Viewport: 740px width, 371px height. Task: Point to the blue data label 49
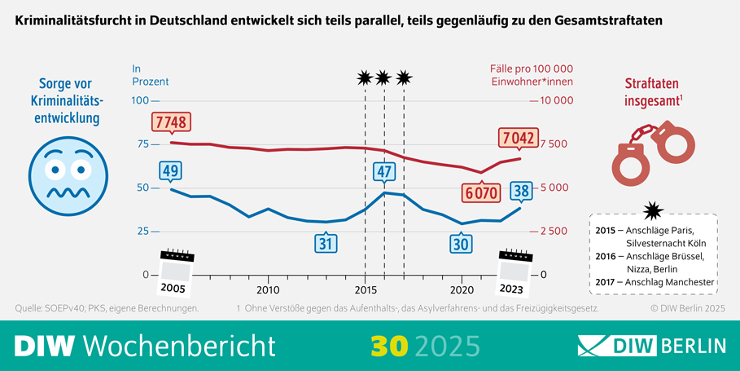click(170, 170)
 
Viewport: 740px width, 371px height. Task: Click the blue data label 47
click(384, 172)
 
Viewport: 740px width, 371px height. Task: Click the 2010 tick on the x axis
click(268, 289)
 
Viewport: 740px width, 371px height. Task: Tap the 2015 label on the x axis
click(365, 289)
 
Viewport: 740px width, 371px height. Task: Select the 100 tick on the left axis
click(139, 100)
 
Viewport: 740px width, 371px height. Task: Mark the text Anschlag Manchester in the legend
click(665, 282)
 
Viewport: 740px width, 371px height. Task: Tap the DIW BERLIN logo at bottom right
click(651, 346)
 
